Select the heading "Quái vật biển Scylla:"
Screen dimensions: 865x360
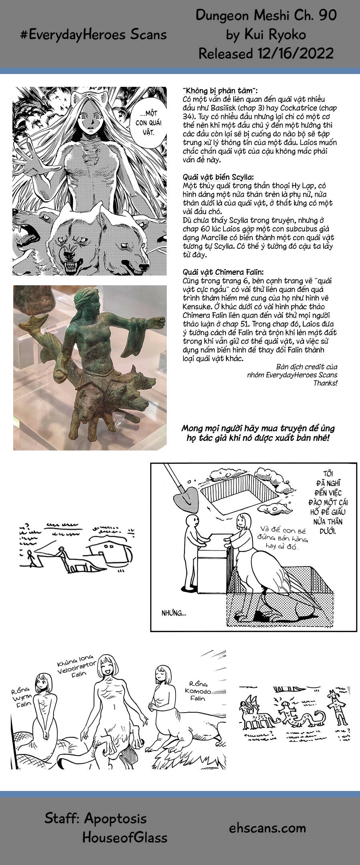[x=218, y=177]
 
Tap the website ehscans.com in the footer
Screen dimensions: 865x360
[x=267, y=828]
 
